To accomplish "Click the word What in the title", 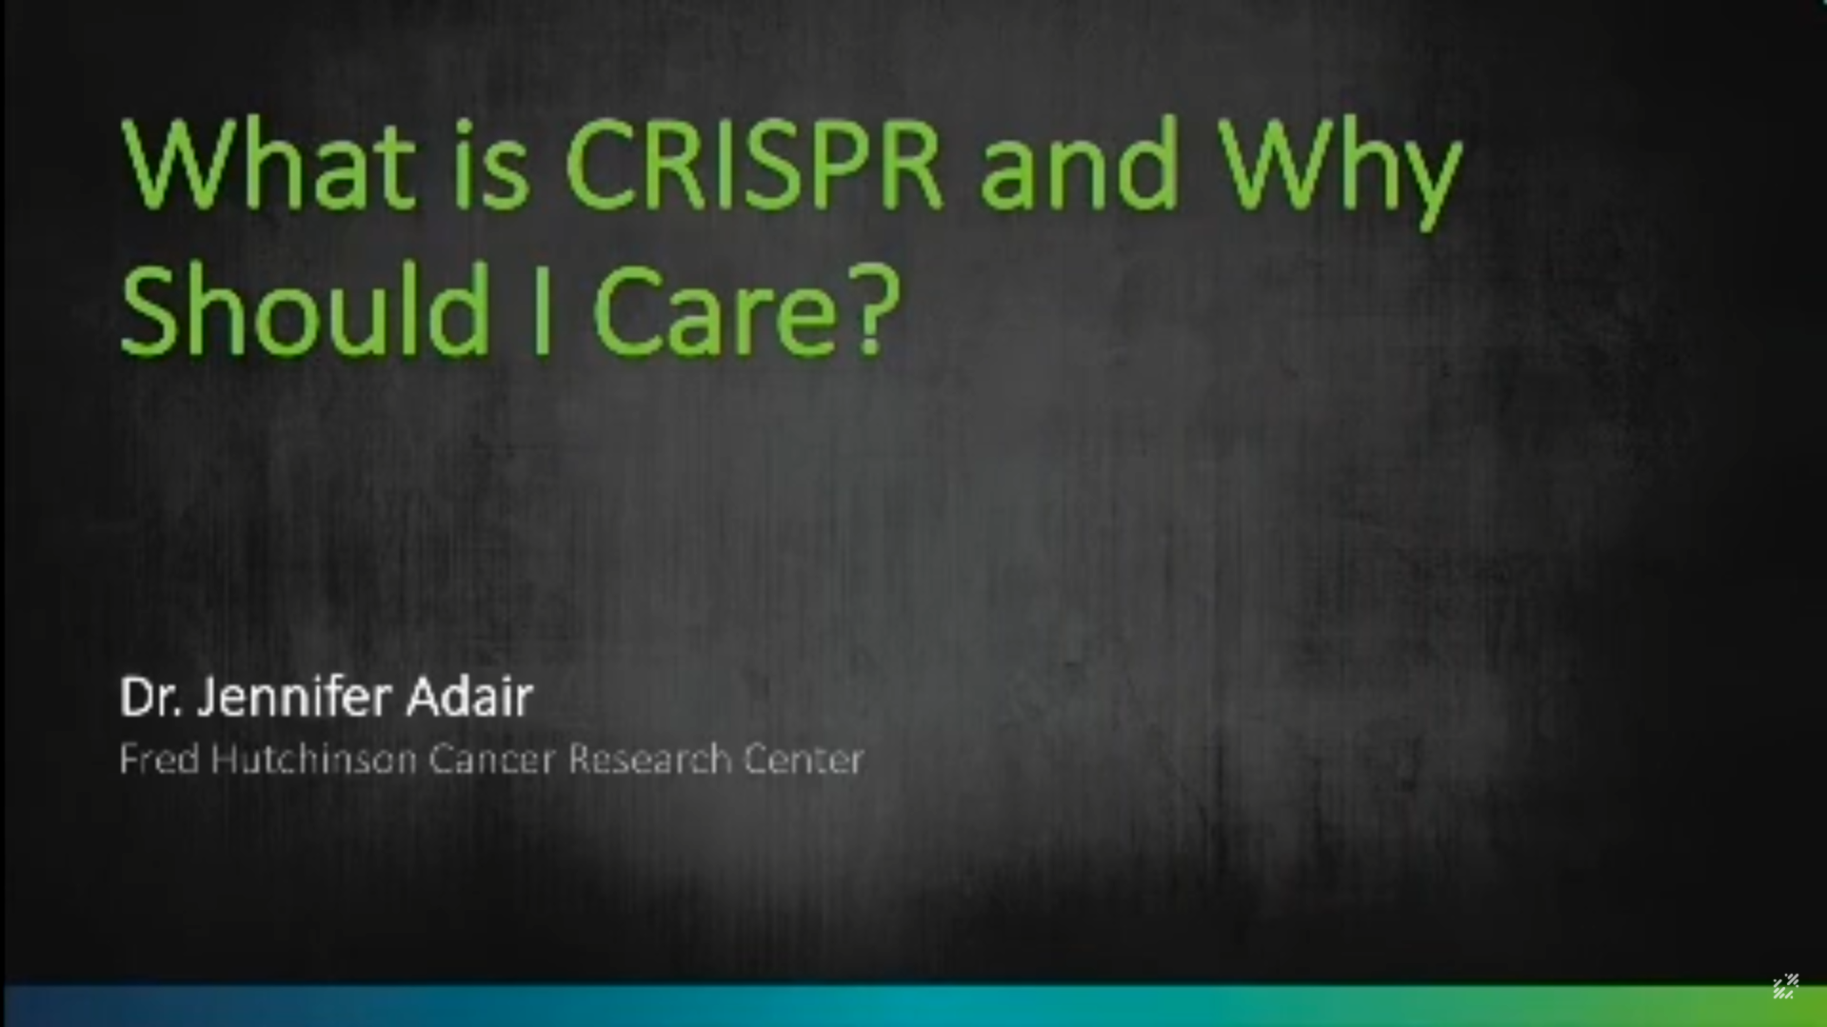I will click(x=268, y=164).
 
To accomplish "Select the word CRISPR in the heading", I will click(x=754, y=164).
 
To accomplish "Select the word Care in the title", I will click(x=714, y=312).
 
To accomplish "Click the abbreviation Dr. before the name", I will click(x=150, y=698).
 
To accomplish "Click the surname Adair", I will click(x=469, y=698).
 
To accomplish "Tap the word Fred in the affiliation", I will click(x=159, y=760).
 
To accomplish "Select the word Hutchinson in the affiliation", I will click(x=314, y=760).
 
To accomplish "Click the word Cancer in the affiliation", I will click(x=491, y=760).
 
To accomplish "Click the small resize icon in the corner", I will click(x=1785, y=987).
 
